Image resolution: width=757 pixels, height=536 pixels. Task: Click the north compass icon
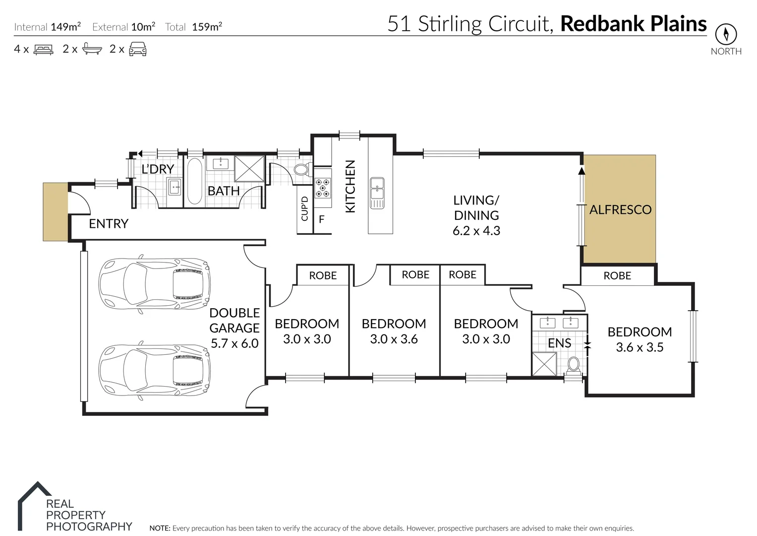726,35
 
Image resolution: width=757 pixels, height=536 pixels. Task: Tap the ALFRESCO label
620,209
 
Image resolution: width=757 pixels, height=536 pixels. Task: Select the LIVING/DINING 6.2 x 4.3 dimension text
476,231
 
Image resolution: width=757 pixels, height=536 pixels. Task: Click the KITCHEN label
350,186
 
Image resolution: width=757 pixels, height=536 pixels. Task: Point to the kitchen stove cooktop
323,189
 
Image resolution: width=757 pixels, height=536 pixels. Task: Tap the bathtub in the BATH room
194,181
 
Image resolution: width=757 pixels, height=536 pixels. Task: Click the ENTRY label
109,224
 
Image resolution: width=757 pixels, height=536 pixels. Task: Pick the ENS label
559,343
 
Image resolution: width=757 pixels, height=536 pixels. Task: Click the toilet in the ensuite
574,364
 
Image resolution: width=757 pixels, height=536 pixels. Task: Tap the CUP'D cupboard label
304,208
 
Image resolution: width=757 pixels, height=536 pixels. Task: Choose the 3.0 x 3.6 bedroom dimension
394,339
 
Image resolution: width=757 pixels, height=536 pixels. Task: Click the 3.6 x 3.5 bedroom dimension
640,347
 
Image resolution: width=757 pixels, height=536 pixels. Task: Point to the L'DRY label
158,169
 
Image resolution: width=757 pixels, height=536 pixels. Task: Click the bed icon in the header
43,49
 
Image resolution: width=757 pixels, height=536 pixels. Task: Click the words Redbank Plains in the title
633,24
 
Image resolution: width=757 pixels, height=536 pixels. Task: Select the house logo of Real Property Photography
35,504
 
